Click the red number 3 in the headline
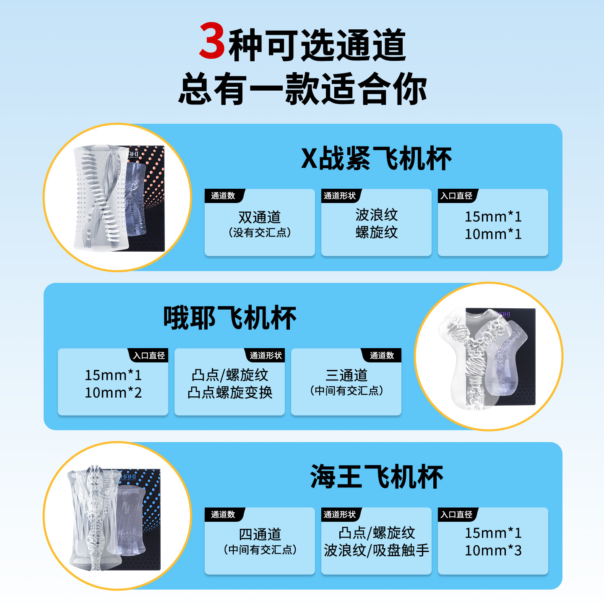(x=212, y=42)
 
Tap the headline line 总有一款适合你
(x=302, y=89)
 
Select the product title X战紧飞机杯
(x=376, y=159)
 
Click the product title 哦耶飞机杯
(x=229, y=318)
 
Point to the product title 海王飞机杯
(x=376, y=477)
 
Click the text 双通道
(x=260, y=217)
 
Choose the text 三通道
(x=346, y=375)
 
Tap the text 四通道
(x=260, y=534)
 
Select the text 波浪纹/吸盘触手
(x=376, y=550)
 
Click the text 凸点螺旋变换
(x=230, y=393)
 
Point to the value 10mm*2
(x=113, y=393)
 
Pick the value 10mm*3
(x=493, y=551)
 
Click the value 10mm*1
(x=493, y=234)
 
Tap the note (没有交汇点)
(x=260, y=233)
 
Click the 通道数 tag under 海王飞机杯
(x=223, y=515)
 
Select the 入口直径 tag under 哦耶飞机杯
(x=149, y=356)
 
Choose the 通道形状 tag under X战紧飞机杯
(x=340, y=196)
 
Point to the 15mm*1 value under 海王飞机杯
(x=493, y=533)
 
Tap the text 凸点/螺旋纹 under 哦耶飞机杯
(x=230, y=375)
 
